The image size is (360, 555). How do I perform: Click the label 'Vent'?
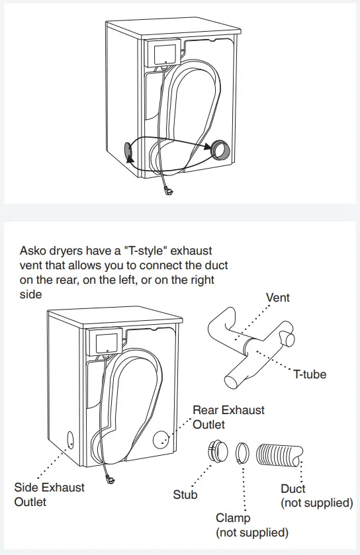[278, 298]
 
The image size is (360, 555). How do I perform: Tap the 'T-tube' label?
[310, 374]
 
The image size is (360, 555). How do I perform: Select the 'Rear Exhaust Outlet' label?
[228, 417]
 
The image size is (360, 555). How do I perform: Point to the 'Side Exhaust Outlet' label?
[50, 494]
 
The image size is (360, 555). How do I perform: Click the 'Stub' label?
[185, 494]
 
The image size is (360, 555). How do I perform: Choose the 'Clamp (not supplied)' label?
[252, 525]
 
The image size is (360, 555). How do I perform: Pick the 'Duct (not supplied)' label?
[316, 495]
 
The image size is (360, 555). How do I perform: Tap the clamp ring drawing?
[242, 452]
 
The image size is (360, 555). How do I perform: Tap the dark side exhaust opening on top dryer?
[128, 151]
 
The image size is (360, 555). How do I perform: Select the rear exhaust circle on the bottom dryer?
[161, 439]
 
